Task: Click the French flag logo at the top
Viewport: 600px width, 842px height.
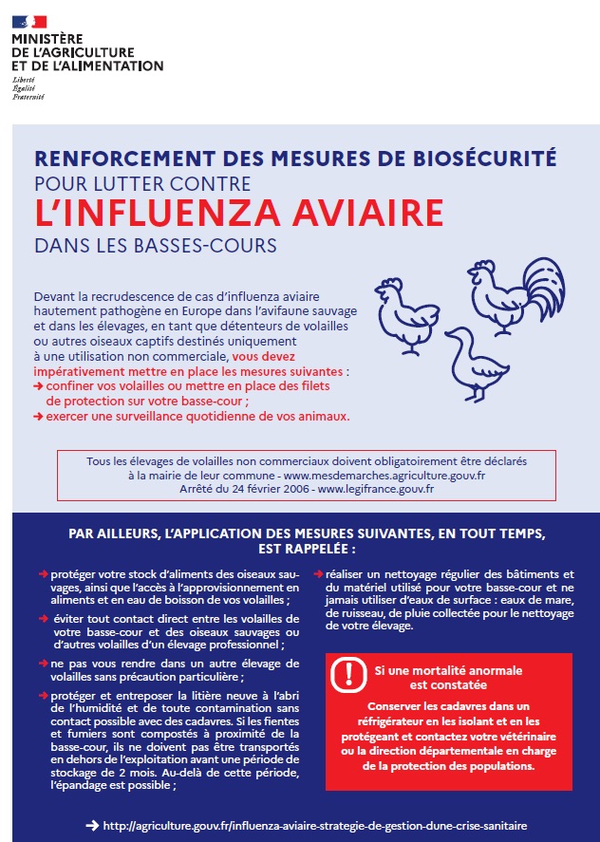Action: pyautogui.click(x=28, y=19)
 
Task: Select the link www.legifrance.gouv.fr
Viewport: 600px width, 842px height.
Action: pyautogui.click(x=375, y=489)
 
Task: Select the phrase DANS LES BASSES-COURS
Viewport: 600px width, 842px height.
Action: pyautogui.click(x=155, y=245)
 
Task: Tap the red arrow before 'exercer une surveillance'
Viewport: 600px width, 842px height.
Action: pyautogui.click(x=37, y=416)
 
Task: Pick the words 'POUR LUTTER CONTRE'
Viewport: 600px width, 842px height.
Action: pyautogui.click(x=141, y=183)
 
